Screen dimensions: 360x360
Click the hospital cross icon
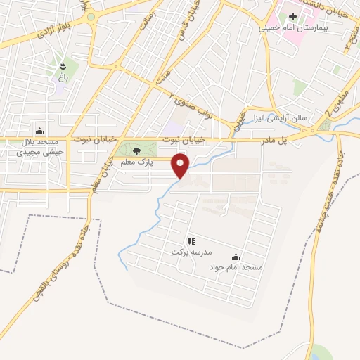311,15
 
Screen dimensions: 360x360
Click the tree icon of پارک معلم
136,150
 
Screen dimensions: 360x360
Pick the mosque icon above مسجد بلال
39,131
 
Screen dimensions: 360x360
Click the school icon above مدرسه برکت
191,240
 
